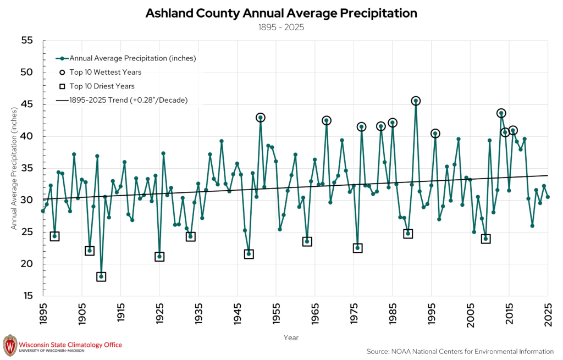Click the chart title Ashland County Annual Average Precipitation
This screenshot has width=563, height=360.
[281, 13]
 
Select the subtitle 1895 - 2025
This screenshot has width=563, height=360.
[281, 27]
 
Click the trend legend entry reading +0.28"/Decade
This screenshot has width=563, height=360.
[122, 100]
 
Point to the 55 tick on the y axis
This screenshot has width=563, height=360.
[27, 41]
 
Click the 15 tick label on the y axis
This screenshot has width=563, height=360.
[27, 296]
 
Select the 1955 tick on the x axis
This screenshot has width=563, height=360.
[276, 314]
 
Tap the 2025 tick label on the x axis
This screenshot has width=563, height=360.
[548, 314]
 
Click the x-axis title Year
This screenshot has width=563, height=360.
[291, 338]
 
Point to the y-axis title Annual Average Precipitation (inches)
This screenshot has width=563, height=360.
[14, 168]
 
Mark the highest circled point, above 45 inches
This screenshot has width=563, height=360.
[416, 101]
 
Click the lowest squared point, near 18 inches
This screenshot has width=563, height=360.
[101, 276]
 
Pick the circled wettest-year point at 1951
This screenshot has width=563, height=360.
[260, 118]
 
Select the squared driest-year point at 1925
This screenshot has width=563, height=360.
[159, 256]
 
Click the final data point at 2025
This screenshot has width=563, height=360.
[548, 197]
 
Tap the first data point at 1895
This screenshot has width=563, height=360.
[43, 211]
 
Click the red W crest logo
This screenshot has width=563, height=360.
[10, 346]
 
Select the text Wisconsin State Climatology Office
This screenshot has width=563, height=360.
[70, 345]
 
